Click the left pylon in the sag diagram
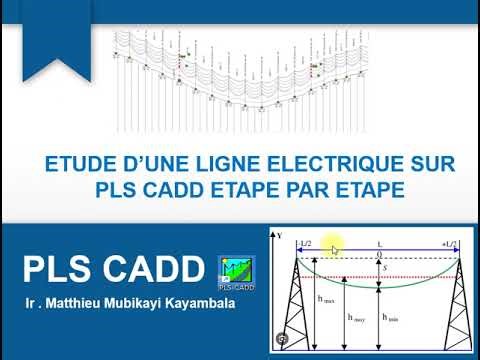point(297,310)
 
